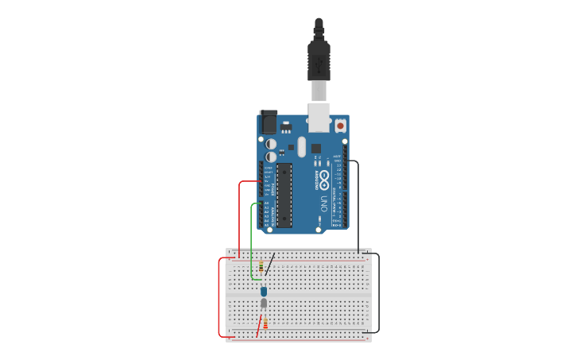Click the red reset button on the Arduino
(x=341, y=126)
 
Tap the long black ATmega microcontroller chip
(x=284, y=195)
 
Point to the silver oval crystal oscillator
(x=301, y=145)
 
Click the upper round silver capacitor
(x=271, y=144)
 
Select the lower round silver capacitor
(x=271, y=157)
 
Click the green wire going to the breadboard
(x=252, y=238)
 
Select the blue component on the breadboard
(x=264, y=292)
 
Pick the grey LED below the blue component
(x=264, y=303)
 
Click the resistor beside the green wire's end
(x=261, y=267)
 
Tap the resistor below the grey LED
(x=265, y=323)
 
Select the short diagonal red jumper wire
(x=259, y=327)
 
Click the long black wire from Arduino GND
(x=358, y=207)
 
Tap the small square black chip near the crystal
(x=315, y=148)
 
